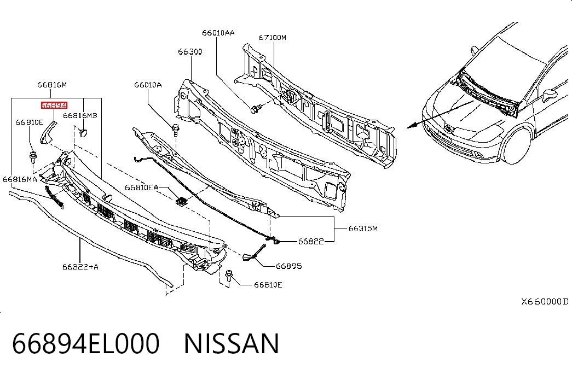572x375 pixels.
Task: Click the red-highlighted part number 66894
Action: (54, 106)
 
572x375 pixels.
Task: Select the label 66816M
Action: (52, 85)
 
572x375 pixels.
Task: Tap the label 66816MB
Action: (80, 115)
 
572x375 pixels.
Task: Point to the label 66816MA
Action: (20, 179)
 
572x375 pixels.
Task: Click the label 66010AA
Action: (218, 33)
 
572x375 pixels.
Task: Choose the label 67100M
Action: (273, 37)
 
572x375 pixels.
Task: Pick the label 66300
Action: (190, 52)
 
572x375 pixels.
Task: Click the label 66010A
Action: (148, 85)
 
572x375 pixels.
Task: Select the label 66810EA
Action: (142, 187)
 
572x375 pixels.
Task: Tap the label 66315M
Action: (363, 228)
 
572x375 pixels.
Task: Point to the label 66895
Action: (289, 266)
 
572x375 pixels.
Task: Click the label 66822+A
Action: (80, 267)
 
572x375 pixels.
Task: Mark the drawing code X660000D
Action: (545, 301)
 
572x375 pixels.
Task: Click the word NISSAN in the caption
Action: (232, 344)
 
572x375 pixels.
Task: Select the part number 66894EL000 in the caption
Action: (86, 344)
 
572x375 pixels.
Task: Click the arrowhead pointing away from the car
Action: (412, 126)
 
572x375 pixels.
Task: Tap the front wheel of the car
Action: (517, 146)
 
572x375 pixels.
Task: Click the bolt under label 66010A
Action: (176, 129)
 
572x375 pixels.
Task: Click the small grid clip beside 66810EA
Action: (181, 202)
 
